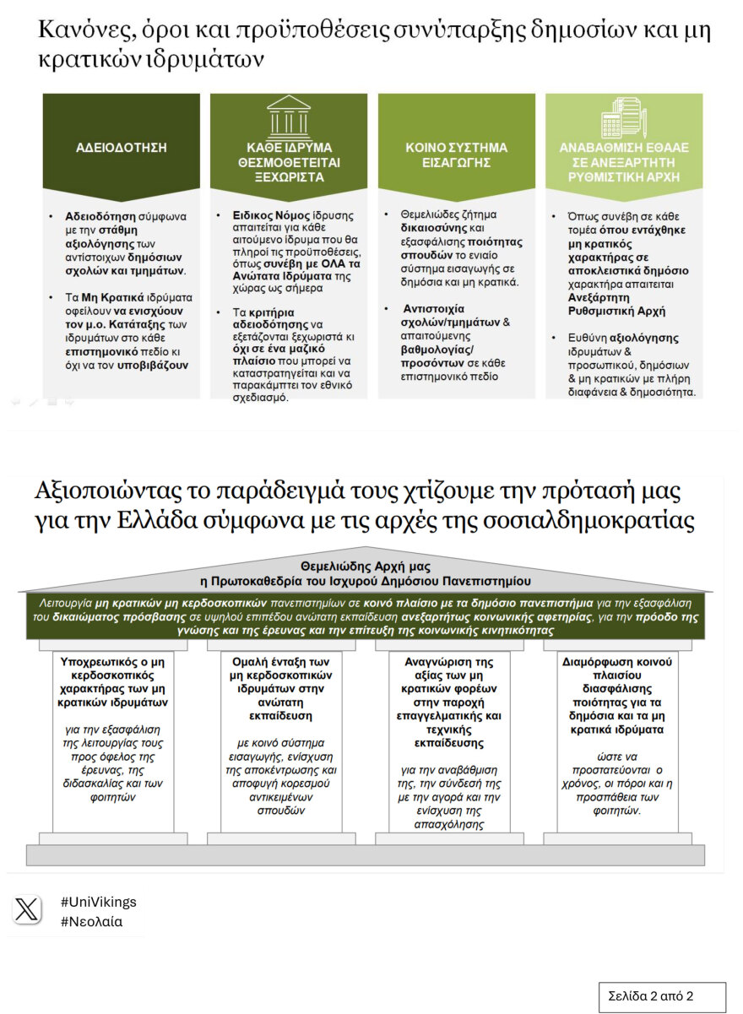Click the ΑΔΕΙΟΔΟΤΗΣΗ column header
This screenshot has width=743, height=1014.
[122, 148]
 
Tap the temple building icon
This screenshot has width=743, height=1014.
[288, 114]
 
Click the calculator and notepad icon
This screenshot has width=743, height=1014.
[624, 116]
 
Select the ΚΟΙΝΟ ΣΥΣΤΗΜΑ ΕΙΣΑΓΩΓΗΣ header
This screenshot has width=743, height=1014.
[456, 155]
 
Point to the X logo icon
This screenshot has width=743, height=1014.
[27, 909]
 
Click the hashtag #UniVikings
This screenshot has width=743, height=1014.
[98, 902]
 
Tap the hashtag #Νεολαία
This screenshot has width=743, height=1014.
[91, 921]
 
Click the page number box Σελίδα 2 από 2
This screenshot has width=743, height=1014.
[662, 996]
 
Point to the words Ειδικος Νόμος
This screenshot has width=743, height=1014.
[267, 216]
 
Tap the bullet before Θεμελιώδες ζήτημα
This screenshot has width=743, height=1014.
[386, 216]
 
